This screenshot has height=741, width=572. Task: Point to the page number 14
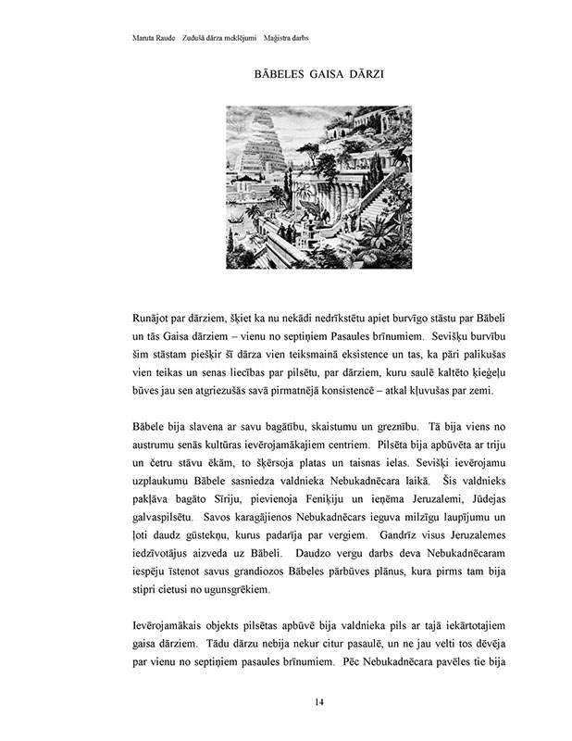click(319, 702)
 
